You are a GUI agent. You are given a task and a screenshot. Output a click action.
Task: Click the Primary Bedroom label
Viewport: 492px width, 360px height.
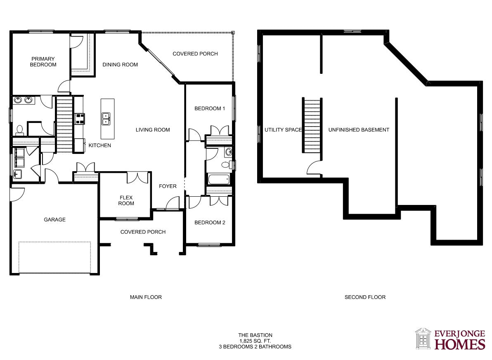pyautogui.click(x=43, y=62)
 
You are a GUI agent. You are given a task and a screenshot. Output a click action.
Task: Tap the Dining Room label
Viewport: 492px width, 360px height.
pyautogui.click(x=120, y=65)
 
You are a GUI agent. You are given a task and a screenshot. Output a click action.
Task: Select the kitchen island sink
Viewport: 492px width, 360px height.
pyautogui.click(x=106, y=119)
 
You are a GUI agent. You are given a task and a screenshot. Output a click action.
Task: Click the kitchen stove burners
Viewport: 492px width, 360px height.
pyautogui.click(x=79, y=118)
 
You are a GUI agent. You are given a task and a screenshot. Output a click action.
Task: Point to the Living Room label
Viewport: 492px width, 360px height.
pyautogui.click(x=153, y=130)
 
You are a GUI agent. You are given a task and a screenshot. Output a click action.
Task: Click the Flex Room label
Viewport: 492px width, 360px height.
pyautogui.click(x=126, y=200)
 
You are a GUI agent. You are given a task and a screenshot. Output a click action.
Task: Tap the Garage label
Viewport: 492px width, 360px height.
pyautogui.click(x=54, y=219)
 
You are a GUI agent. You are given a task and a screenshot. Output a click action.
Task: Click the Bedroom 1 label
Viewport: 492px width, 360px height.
pyautogui.click(x=210, y=108)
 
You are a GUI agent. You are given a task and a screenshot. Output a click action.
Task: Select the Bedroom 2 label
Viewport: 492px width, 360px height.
pyautogui.click(x=210, y=223)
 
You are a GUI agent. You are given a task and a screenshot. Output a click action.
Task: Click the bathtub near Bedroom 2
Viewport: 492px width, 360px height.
pyautogui.click(x=219, y=179)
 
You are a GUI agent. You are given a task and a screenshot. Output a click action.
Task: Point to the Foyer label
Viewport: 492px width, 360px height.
pyautogui.click(x=168, y=186)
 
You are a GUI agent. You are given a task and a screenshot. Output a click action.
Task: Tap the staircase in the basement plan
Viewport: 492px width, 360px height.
pyautogui.click(x=312, y=125)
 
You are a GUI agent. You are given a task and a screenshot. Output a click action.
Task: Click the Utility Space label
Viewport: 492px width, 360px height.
pyautogui.click(x=283, y=130)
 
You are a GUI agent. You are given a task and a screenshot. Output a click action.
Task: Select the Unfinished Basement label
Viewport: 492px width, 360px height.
pyautogui.click(x=359, y=130)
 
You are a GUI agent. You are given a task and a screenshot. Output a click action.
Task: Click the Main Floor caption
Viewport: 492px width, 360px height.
pyautogui.click(x=146, y=297)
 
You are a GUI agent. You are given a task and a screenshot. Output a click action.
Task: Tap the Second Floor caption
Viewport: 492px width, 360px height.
pyautogui.click(x=365, y=297)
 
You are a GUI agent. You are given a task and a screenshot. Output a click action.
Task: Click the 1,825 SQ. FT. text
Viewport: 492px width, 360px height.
pyautogui.click(x=255, y=341)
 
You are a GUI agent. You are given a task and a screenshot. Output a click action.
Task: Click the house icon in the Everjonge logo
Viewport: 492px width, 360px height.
pyautogui.click(x=423, y=339)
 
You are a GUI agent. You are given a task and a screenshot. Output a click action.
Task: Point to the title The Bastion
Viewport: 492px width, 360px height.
pyautogui.click(x=255, y=335)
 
